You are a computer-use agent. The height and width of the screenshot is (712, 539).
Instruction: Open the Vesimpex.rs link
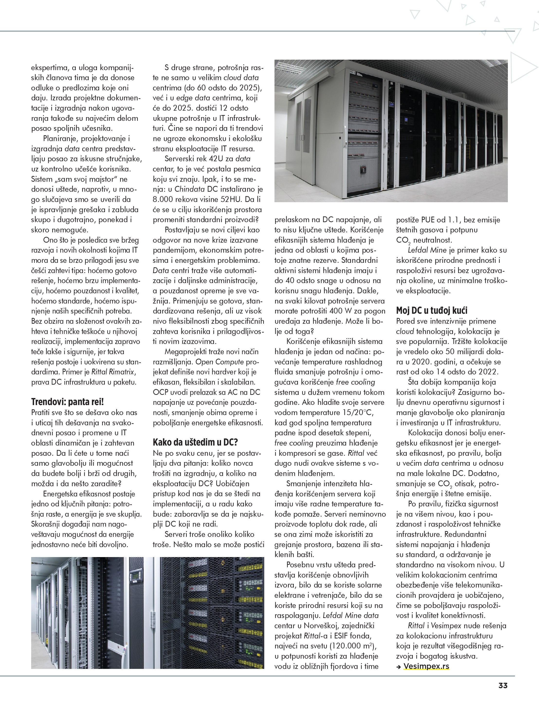[426, 666]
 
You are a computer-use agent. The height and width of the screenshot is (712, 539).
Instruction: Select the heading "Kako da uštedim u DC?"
[195, 442]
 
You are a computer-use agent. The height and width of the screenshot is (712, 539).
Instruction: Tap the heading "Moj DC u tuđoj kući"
[432, 310]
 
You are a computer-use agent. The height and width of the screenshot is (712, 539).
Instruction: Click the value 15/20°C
[358, 412]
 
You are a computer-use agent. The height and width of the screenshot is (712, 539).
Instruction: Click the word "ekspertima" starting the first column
[50, 68]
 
